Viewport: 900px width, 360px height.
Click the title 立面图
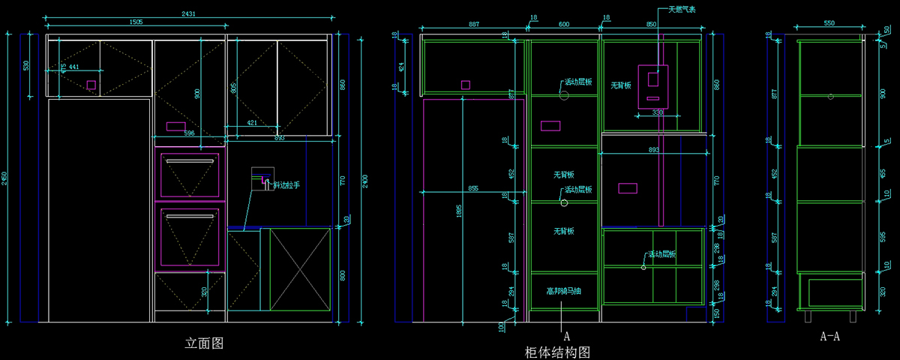tap(204, 343)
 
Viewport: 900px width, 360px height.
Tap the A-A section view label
tap(829, 336)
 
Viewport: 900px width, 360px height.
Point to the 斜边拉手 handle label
tap(286, 184)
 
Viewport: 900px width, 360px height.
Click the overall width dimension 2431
tap(189, 13)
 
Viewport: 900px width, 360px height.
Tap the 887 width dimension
tap(474, 25)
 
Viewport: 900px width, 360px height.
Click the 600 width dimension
tap(564, 25)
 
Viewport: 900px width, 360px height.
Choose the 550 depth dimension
tap(829, 24)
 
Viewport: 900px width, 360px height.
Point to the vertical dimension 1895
tap(459, 211)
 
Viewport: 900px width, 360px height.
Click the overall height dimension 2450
tap(4, 178)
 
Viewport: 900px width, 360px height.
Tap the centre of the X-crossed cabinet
tap(299, 269)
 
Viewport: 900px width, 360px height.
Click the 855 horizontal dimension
tap(472, 188)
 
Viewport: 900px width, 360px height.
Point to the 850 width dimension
tap(651, 25)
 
